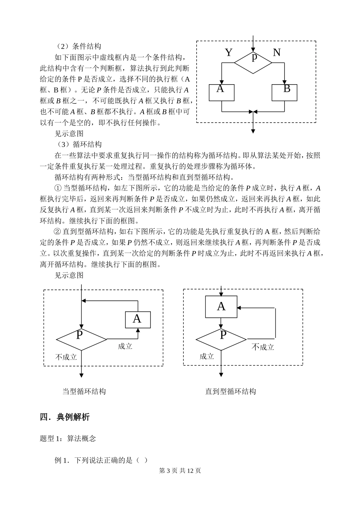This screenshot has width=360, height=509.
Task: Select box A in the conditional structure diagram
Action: tap(222, 93)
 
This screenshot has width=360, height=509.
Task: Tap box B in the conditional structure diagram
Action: tap(285, 93)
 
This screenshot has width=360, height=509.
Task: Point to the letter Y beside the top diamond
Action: tap(229, 52)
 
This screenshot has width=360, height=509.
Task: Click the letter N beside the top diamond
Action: tap(277, 52)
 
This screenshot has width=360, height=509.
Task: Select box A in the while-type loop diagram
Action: tap(138, 320)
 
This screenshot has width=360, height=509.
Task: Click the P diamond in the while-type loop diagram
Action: tap(81, 338)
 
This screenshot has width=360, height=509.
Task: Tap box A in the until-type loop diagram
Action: tap(221, 307)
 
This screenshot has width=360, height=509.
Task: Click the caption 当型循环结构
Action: tap(84, 391)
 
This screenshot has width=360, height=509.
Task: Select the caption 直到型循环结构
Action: tap(231, 391)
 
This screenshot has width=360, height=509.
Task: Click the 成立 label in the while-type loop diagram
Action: tap(125, 346)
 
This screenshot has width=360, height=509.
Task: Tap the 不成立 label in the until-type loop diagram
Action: tap(263, 347)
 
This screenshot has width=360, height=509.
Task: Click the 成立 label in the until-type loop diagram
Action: tap(207, 357)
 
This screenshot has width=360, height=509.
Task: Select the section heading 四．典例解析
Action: tap(65, 417)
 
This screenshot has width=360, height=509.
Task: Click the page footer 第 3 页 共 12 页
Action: tap(180, 471)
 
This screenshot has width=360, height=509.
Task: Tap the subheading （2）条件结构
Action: tap(78, 47)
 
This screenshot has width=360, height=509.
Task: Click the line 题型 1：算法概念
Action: tap(68, 438)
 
